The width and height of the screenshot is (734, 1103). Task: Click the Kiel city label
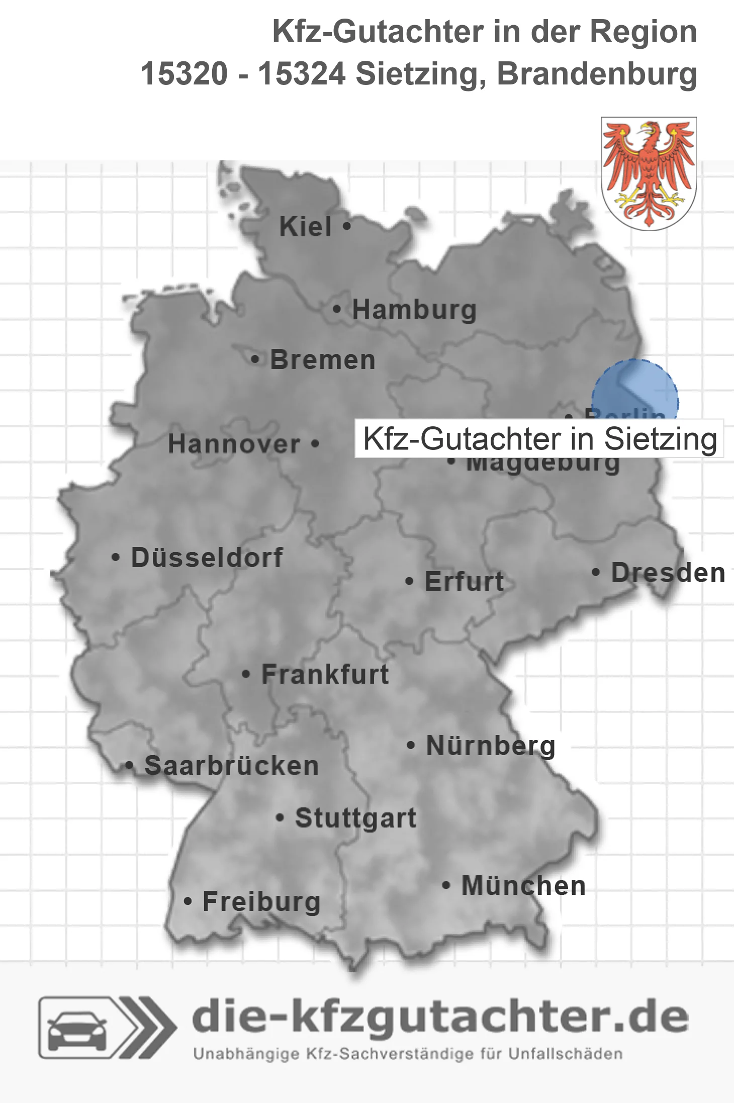pos(305,227)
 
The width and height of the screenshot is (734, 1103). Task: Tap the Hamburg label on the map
pos(414,309)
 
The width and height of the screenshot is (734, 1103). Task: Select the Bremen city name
pos(323,360)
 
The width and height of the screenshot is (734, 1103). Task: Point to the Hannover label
pos(234,444)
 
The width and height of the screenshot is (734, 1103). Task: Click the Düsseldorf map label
pos(207,558)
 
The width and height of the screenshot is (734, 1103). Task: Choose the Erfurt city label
pos(464,582)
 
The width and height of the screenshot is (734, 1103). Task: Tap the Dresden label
pos(668,573)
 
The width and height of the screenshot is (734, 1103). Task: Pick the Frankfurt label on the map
pos(325,674)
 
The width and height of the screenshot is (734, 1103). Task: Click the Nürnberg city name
pos(491,746)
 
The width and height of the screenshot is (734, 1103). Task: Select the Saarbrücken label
pos(231,766)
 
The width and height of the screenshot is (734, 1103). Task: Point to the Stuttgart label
pos(355,818)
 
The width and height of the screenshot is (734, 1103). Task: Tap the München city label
pos(523,886)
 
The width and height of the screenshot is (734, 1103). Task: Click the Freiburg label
pos(261,902)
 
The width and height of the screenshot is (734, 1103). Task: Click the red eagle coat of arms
pos(649,173)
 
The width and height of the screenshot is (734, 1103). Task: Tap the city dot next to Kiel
pos(346,226)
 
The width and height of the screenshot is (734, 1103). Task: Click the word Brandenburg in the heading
pos(597,74)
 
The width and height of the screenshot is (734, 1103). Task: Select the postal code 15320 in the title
pos(184,74)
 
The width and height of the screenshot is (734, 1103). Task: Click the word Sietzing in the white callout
pos(660,439)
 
